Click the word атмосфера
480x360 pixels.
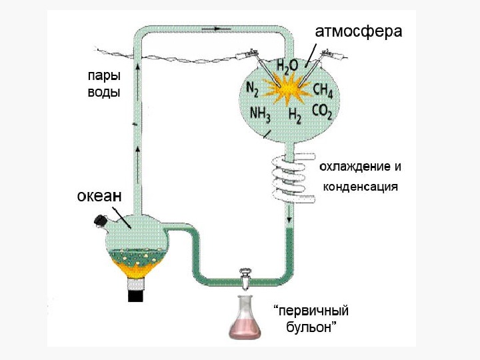coord(358,31)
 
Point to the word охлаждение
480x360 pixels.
coord(356,165)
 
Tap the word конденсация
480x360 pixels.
coord(360,187)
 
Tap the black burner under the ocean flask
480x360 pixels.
coord(136,291)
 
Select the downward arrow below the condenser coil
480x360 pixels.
coord(289,219)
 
